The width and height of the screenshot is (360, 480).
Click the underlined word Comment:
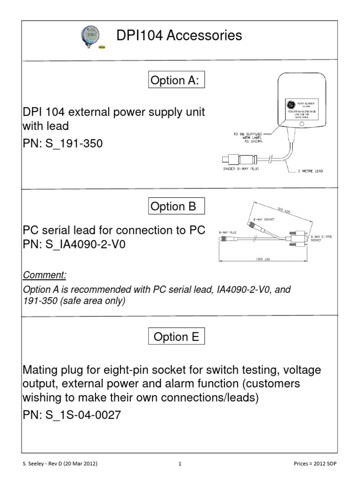coord(45,274)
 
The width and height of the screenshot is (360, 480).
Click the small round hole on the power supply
coord(302,125)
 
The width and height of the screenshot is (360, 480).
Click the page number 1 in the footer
coord(180,464)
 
